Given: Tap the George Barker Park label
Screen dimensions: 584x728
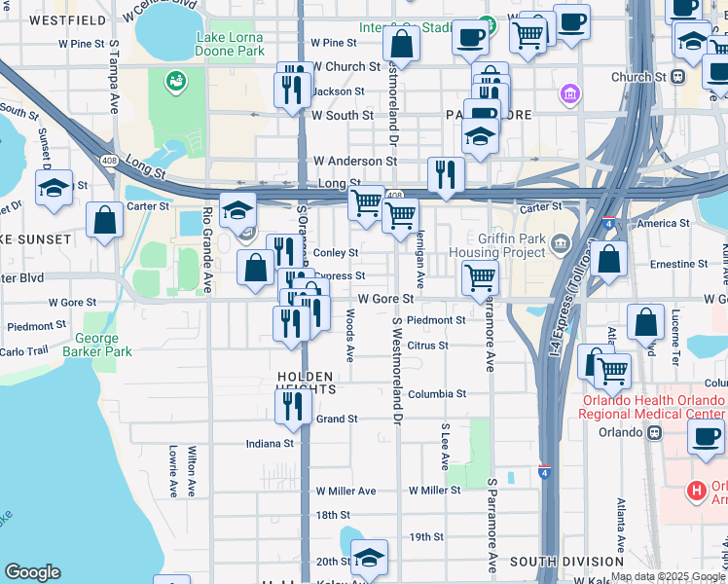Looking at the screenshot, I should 97,347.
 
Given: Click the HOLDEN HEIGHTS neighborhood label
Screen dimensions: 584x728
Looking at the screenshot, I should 306,382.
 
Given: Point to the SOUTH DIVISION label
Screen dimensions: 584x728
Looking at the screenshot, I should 566,562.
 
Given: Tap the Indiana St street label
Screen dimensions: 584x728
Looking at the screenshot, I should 270,443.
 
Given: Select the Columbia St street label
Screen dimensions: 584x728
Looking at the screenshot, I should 436,394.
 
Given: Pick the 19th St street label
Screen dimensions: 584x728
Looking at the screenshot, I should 426,536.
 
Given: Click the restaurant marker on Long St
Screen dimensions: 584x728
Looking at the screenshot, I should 446,174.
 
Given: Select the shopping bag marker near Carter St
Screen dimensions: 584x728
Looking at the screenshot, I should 104,219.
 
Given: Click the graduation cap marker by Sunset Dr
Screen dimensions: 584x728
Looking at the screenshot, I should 54,188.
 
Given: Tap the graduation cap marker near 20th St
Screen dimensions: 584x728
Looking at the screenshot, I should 369,557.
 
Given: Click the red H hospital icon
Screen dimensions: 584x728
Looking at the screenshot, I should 696,491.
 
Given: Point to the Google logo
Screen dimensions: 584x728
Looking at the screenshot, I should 32,572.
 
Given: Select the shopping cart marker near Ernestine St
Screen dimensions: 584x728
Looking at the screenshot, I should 479,276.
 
